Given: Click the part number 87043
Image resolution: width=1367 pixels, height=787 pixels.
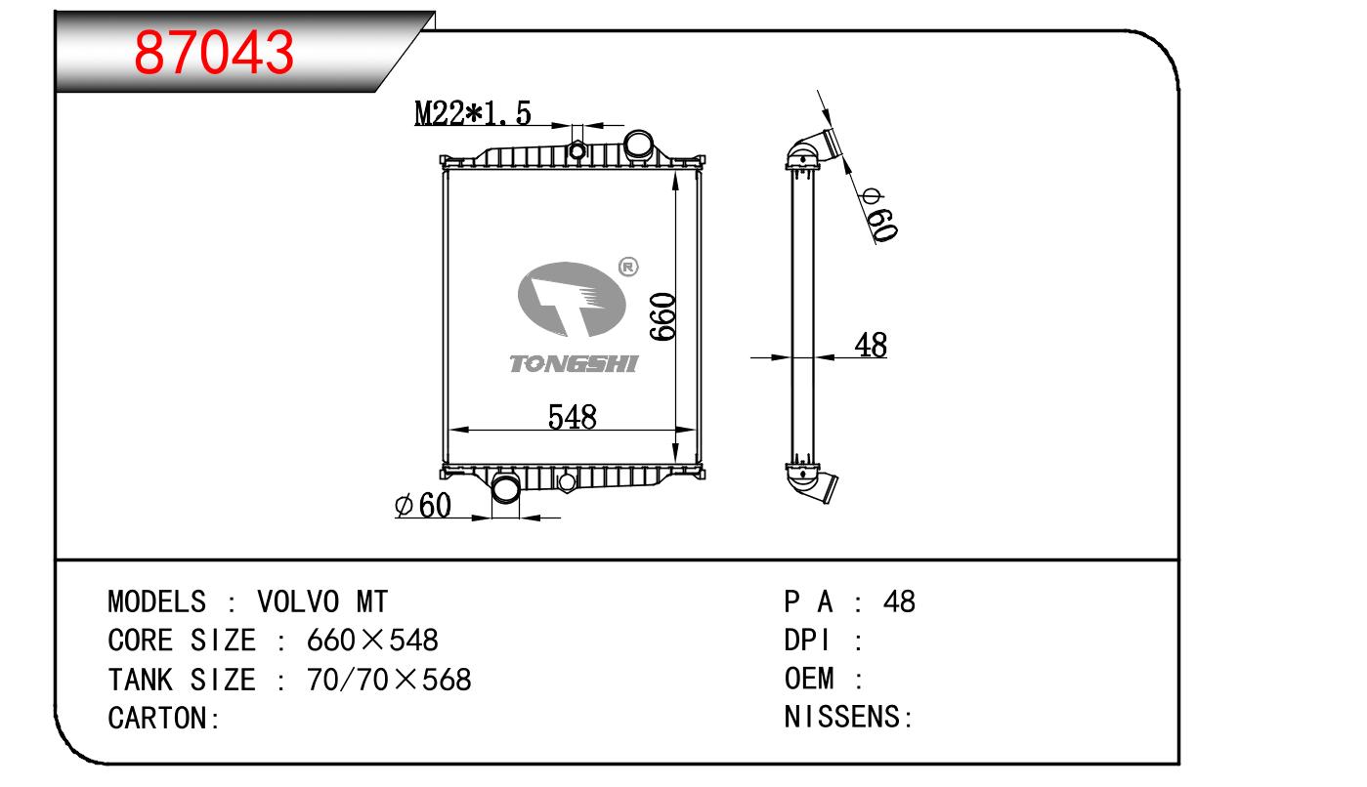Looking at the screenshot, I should click(214, 53).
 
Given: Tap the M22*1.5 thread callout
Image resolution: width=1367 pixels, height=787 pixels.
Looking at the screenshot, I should click(473, 114).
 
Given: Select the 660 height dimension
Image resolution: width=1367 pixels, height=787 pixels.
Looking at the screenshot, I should click(662, 315).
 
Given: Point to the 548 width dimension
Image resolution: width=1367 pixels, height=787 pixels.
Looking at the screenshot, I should click(572, 417).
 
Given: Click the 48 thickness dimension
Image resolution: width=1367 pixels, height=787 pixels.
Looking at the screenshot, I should click(870, 345).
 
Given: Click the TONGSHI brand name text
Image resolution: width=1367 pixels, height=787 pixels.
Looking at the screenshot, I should click(574, 364).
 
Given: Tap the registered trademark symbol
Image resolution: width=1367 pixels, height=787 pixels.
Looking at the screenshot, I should click(628, 266).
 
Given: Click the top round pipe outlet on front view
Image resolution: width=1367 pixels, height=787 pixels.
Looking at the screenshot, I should click(639, 145).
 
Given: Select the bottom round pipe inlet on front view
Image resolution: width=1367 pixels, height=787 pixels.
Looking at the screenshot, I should click(507, 487).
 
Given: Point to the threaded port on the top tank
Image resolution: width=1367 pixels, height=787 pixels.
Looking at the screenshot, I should click(576, 150).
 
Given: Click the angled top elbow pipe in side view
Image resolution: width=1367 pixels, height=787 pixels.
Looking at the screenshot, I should click(817, 147).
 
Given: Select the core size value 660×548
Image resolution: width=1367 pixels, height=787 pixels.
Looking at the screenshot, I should click(372, 641).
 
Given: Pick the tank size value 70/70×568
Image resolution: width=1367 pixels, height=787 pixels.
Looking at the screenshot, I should click(389, 680).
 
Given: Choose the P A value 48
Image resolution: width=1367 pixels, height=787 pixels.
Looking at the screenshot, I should click(899, 601).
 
